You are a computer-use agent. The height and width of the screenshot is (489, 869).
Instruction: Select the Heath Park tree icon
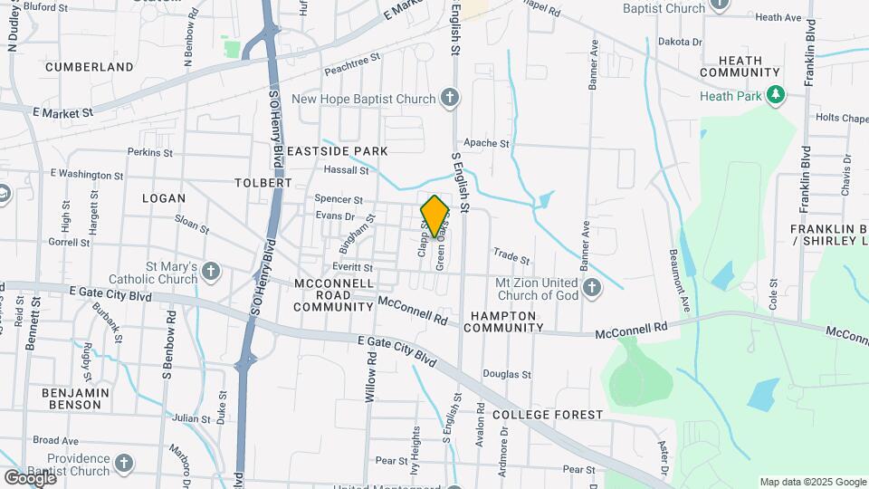pos(775,95)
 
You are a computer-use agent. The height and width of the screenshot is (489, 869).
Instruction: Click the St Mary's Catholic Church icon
pos(210,271)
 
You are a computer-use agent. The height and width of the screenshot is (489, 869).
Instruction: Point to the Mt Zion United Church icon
pos(592,289)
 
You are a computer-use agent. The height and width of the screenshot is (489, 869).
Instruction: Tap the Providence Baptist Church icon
pos(124,464)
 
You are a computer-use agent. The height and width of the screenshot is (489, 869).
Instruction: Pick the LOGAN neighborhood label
pos(164,198)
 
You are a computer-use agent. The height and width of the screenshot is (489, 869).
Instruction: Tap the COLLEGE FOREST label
pos(548,415)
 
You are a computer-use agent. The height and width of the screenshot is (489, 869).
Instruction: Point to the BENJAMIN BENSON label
pos(75,398)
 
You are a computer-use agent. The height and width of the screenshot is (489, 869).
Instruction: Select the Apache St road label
pos(486,143)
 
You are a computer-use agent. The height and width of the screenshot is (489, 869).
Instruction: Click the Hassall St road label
pos(347,169)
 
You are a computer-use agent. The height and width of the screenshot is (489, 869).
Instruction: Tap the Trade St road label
pos(511,256)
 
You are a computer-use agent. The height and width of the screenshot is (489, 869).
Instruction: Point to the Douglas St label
pos(506,373)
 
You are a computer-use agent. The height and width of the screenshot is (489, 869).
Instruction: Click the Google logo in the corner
pos(30,477)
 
